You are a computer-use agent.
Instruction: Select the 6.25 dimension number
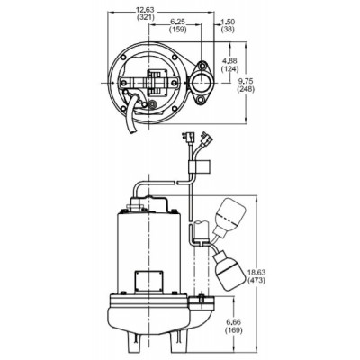pyautogui.click(x=179, y=22)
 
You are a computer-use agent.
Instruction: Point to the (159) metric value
pyautogui.click(x=179, y=31)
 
